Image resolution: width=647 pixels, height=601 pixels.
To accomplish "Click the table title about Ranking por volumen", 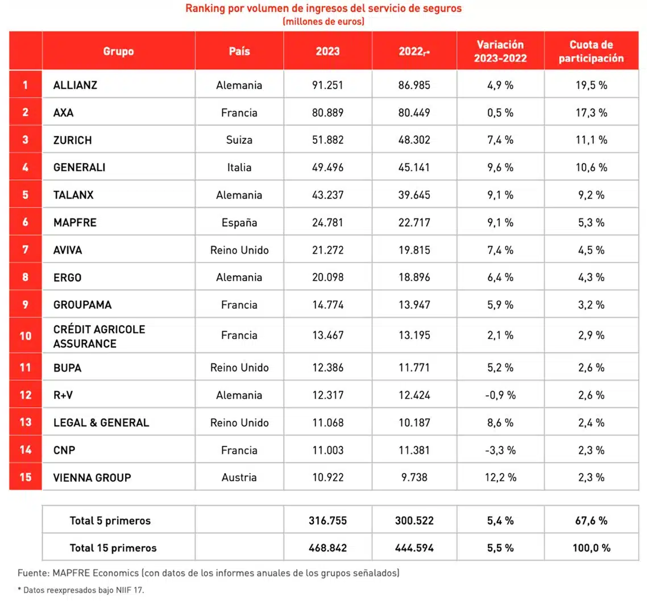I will coord(323,9).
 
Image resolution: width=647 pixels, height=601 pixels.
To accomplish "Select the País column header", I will coord(239,51).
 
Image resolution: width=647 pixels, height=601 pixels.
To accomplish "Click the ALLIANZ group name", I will coord(75,85).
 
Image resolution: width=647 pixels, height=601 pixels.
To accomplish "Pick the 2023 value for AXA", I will coord(327,113).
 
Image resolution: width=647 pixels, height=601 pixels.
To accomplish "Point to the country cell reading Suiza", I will coord(239,140).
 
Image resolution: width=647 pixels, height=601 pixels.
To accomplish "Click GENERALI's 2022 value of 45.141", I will coord(414,168).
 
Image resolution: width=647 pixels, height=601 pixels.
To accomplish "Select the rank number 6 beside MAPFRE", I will coord(26,222).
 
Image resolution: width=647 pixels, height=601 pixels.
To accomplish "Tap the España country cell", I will coord(239,222).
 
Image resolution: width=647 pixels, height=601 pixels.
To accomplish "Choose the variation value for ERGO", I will coord(500,277).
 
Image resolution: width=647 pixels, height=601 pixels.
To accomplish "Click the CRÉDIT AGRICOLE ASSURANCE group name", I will coord(99,336).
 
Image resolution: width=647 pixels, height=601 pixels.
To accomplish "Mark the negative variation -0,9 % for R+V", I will coord(500,395).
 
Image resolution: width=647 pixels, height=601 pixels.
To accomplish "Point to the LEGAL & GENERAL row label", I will coord(101,422).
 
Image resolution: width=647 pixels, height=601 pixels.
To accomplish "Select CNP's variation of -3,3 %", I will coord(500,450).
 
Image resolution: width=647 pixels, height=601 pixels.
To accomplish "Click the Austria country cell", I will coord(239,478).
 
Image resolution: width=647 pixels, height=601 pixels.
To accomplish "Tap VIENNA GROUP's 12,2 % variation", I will coord(500,478).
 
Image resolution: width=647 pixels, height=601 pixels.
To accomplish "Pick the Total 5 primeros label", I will coord(110,520).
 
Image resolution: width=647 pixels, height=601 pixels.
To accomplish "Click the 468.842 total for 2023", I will coord(327,548).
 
